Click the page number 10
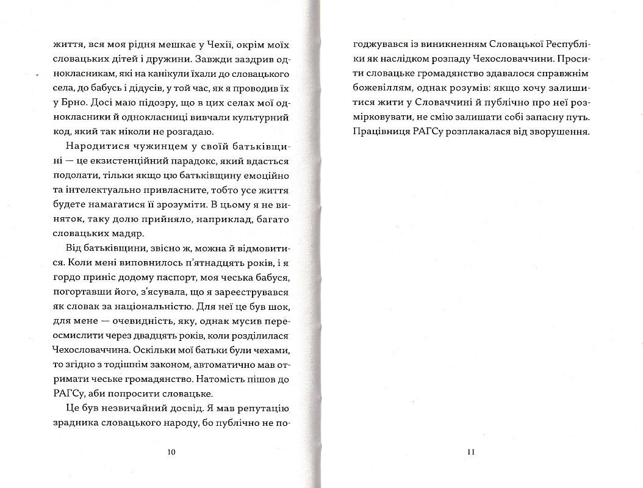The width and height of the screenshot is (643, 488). tap(171, 452)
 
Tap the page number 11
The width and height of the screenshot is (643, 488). tap(470, 452)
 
